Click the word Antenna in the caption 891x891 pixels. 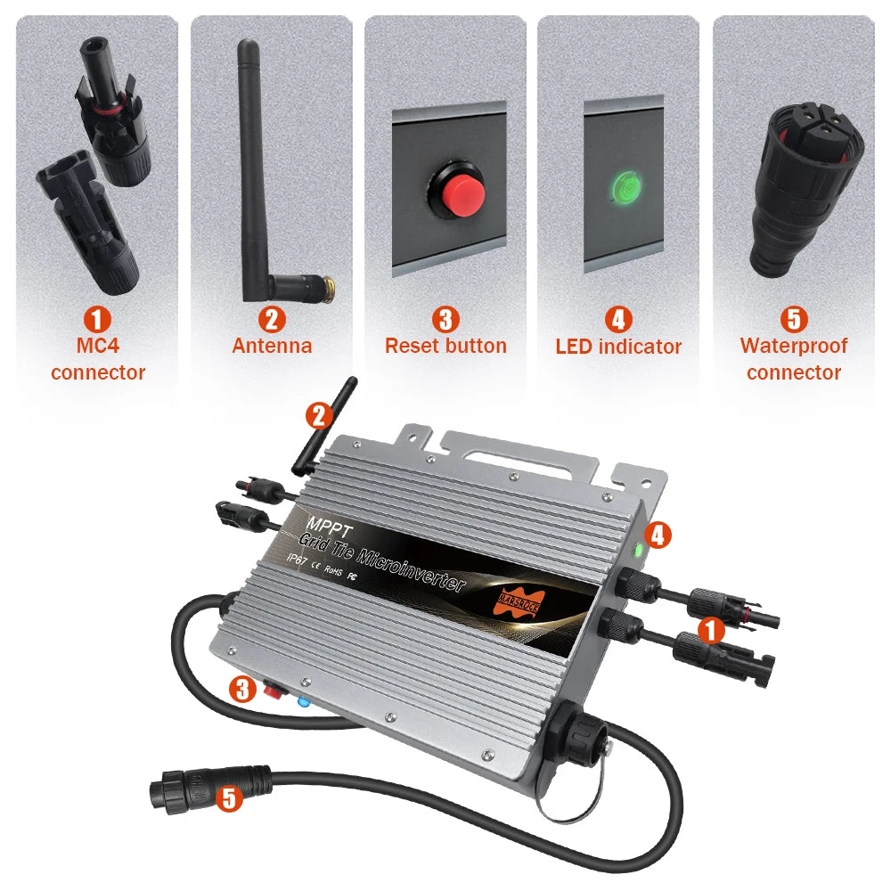(x=272, y=346)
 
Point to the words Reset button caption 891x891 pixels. (x=445, y=346)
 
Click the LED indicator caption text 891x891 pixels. (x=618, y=347)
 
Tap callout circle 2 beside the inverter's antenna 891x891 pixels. (x=319, y=414)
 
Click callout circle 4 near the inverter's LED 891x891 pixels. (x=659, y=535)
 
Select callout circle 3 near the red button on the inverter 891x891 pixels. (x=241, y=688)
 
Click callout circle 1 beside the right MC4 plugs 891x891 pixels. (x=710, y=630)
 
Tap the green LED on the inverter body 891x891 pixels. (x=638, y=551)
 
